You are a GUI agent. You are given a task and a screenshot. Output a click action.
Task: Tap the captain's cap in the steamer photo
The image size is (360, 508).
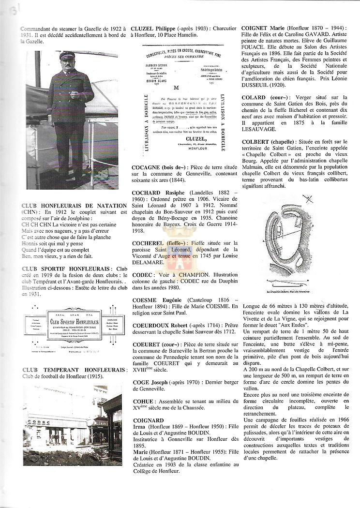[67, 56]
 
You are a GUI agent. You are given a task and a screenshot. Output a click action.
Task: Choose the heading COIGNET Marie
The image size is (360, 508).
[263, 29]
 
